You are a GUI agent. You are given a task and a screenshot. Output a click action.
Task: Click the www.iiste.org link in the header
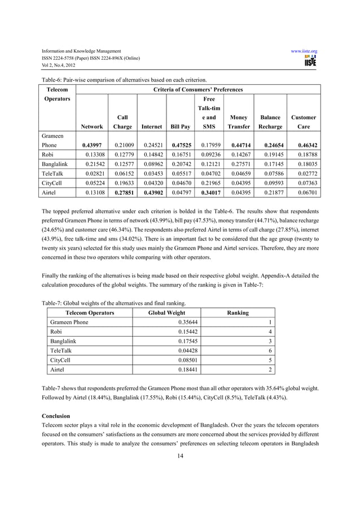(x=304, y=51)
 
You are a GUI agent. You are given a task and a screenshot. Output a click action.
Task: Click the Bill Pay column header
(x=180, y=127)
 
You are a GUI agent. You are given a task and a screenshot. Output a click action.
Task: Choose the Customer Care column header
(x=304, y=122)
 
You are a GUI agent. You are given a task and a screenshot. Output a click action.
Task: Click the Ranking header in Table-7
(x=237, y=312)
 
